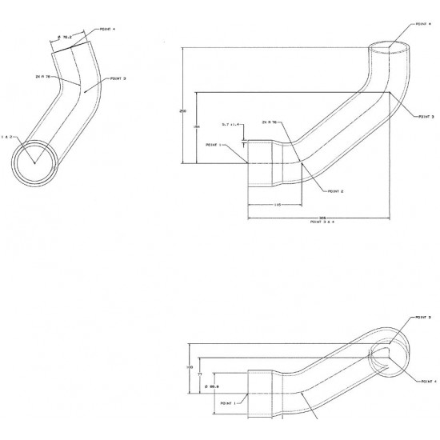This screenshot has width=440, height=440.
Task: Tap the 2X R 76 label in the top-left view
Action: [x=43, y=77]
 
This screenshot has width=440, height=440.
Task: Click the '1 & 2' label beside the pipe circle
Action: [x=7, y=137]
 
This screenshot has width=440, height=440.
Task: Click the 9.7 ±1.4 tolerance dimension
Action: [x=232, y=125]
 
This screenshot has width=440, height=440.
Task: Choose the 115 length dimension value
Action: [x=276, y=206]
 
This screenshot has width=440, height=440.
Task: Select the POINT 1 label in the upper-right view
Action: [x=214, y=145]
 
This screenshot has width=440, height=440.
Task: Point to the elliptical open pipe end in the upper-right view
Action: [x=390, y=47]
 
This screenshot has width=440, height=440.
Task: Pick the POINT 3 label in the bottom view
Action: [x=423, y=318]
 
